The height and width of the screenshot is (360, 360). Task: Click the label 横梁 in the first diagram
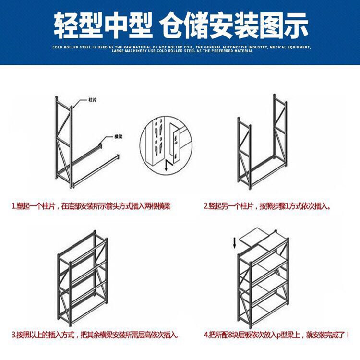(118, 136)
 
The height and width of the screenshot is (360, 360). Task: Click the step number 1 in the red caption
(14, 206)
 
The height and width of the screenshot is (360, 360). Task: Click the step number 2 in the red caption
(206, 206)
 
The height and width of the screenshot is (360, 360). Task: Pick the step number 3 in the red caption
(14, 334)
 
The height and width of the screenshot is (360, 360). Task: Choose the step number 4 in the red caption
(205, 334)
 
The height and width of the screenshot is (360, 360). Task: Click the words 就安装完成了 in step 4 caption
(327, 334)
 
